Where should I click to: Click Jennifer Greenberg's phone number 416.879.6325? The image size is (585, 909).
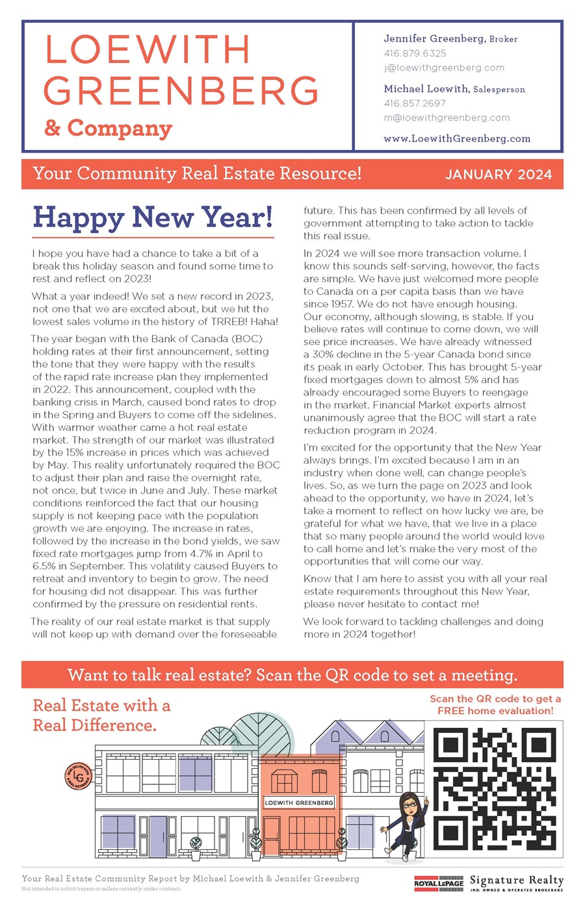point(415,53)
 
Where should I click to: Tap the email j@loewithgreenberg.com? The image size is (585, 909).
point(444,68)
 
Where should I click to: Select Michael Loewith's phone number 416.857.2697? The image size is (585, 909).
point(415,103)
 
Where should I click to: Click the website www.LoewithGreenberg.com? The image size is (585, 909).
point(457,138)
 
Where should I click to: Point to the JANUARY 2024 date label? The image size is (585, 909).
point(499,174)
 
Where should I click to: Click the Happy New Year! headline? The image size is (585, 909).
point(153,218)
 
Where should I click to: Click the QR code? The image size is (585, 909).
point(495,789)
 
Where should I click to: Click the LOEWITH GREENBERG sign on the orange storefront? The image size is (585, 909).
point(299,803)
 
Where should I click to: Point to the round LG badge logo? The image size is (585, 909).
point(78,775)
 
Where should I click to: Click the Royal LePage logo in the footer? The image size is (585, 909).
point(439,884)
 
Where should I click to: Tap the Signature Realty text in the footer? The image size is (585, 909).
point(516,881)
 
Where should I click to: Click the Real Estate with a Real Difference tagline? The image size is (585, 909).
point(101,715)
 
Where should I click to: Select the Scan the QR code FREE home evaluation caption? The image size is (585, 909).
point(495,704)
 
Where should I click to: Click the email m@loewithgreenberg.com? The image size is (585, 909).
point(447,118)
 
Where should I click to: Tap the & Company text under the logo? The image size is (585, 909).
point(108,128)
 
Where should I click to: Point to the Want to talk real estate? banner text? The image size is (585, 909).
point(292,675)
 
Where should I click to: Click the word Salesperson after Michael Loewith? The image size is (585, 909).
point(499,90)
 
